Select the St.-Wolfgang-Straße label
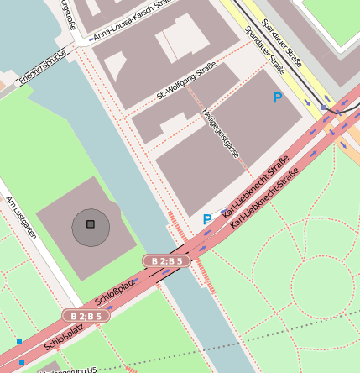(186, 81)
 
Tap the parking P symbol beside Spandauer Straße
(278, 98)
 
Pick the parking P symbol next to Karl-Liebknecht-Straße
(207, 219)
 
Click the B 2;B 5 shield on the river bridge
(167, 261)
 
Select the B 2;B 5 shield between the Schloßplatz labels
(86, 316)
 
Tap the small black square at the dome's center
(91, 224)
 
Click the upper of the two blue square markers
(18, 341)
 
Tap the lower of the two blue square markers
(22, 363)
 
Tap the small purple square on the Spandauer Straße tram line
(325, 108)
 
